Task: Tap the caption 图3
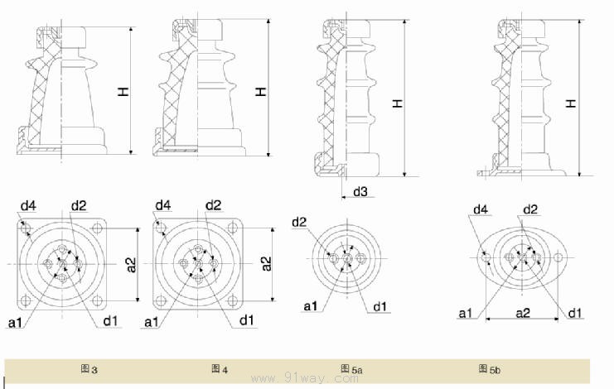(89, 368)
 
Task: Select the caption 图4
(220, 368)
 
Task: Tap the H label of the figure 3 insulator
(123, 94)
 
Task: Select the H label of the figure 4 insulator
(261, 90)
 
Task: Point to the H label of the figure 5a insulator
(398, 103)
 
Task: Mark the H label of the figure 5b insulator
(571, 103)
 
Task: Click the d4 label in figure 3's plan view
(28, 205)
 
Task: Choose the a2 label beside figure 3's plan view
(131, 263)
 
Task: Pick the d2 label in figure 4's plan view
(214, 205)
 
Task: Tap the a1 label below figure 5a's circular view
(311, 306)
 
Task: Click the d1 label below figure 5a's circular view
(380, 306)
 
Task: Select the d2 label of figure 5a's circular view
(299, 222)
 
